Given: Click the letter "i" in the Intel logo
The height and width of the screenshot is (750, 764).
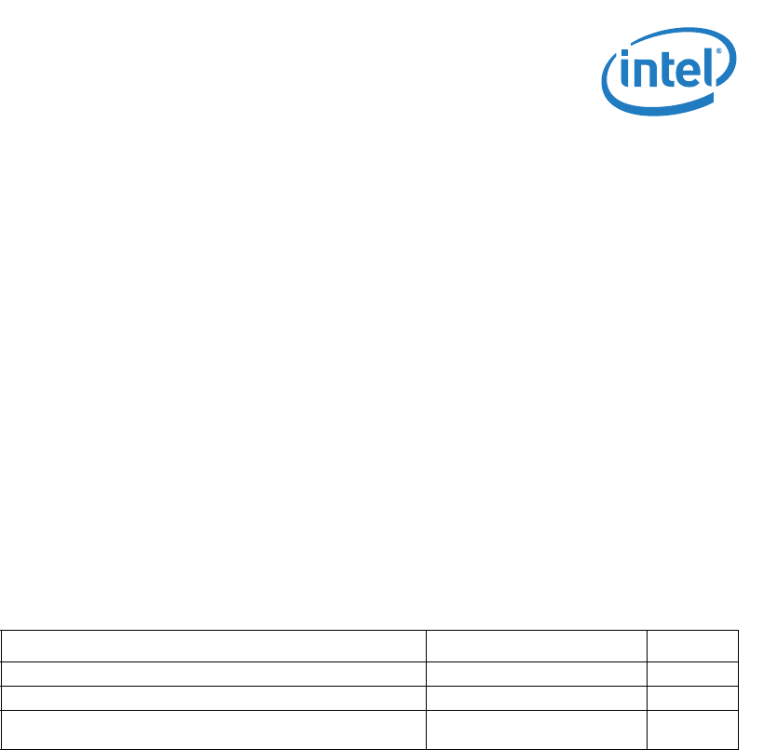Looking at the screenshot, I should pos(625,75).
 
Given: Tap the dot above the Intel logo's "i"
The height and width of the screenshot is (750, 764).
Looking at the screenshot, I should pos(625,58).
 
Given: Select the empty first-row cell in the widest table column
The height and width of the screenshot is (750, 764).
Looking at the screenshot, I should pos(213,646).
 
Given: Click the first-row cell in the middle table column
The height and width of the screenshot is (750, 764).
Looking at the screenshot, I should pos(537,646).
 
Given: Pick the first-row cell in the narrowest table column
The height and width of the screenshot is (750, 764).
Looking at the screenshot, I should pos(692,646).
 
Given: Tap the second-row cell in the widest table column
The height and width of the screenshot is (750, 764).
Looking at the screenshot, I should pos(213,675).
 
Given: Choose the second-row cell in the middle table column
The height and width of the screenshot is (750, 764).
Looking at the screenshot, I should pos(537,675).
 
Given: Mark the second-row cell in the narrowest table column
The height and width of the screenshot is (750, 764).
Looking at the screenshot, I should pos(692,675).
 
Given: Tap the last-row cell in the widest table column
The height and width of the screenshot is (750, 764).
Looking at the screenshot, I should pos(213,727).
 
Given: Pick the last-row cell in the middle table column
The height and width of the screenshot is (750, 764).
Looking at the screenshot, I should pos(537,727).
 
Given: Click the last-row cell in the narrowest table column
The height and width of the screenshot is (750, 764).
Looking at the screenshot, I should pos(692,727).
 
